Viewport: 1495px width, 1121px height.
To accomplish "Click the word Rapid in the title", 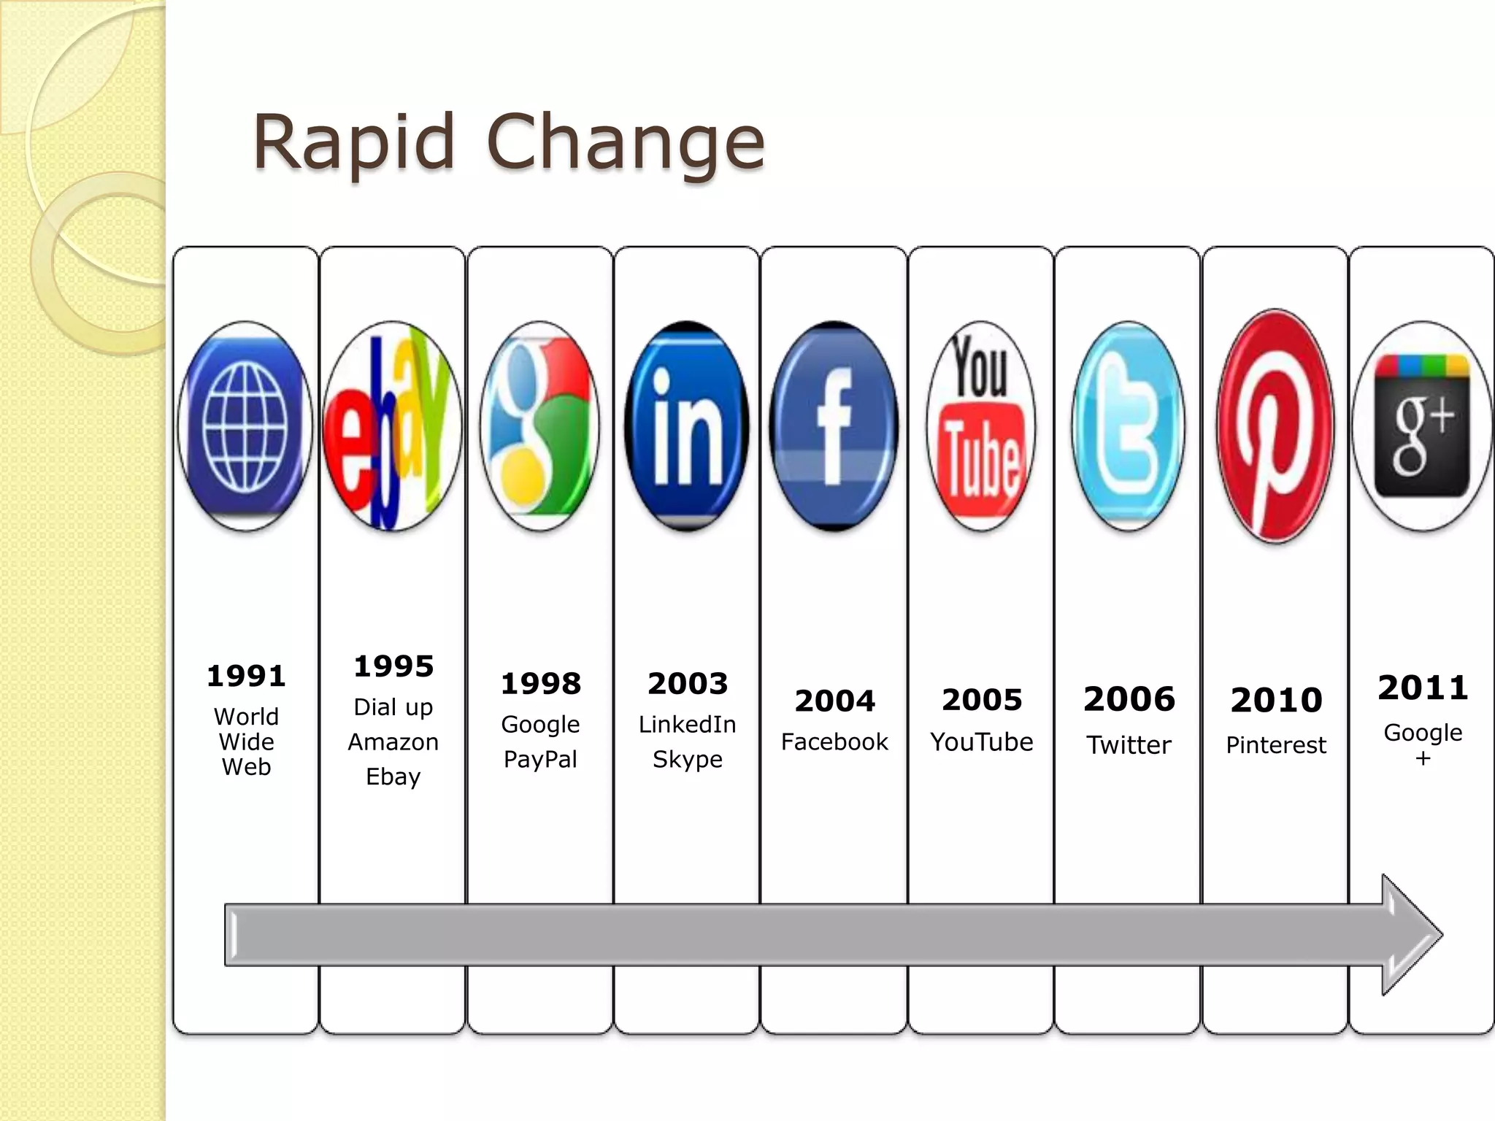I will coord(354,142).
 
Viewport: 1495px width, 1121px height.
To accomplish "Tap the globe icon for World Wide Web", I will coord(245,426).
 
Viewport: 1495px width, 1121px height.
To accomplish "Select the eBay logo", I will coord(393,426).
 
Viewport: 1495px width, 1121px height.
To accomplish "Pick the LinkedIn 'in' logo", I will coord(686,426).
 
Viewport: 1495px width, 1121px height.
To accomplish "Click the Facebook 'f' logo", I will coord(834,426).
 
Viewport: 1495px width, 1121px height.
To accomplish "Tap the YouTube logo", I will coord(981,426).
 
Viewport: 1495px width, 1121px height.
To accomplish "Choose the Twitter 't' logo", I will coord(1129,426).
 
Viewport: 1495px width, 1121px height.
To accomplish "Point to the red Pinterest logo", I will coord(1275,426).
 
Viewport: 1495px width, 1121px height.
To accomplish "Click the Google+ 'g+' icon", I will coord(1422,426).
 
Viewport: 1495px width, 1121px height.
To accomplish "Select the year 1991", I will coord(246,676).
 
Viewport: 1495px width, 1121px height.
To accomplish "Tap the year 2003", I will coord(688,684).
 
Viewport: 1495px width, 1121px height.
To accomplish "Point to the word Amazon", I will coord(393,742).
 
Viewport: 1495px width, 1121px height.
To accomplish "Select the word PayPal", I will coord(540,760).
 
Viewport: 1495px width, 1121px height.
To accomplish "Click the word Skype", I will coord(688,760).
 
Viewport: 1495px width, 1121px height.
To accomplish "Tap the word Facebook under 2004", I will coord(834,742).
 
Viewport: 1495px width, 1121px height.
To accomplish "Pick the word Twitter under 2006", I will coord(1129,745).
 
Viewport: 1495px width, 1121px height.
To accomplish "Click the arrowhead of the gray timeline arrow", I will coord(1410,935).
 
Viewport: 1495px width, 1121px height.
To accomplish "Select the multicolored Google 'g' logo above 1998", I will coord(540,426).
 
